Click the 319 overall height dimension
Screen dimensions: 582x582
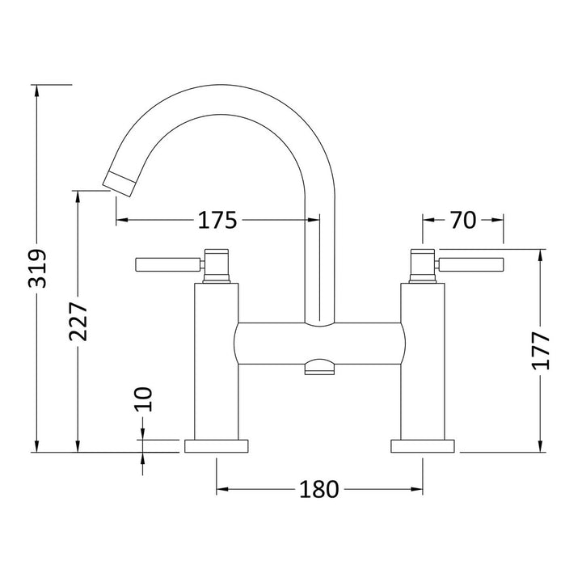pyautogui.click(x=37, y=268)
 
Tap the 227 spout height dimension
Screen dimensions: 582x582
pyautogui.click(x=78, y=322)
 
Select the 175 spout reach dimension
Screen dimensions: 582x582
pyautogui.click(x=217, y=220)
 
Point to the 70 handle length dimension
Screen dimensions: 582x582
pyautogui.click(x=463, y=220)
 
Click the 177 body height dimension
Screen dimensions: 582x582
pyautogui.click(x=541, y=350)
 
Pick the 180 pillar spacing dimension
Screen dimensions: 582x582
pyautogui.click(x=318, y=489)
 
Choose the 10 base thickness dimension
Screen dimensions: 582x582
pyautogui.click(x=143, y=399)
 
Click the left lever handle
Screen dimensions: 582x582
pyautogui.click(x=169, y=264)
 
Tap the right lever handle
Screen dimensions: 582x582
pyautogui.click(x=470, y=264)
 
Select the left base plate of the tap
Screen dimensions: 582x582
pyautogui.click(x=217, y=446)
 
